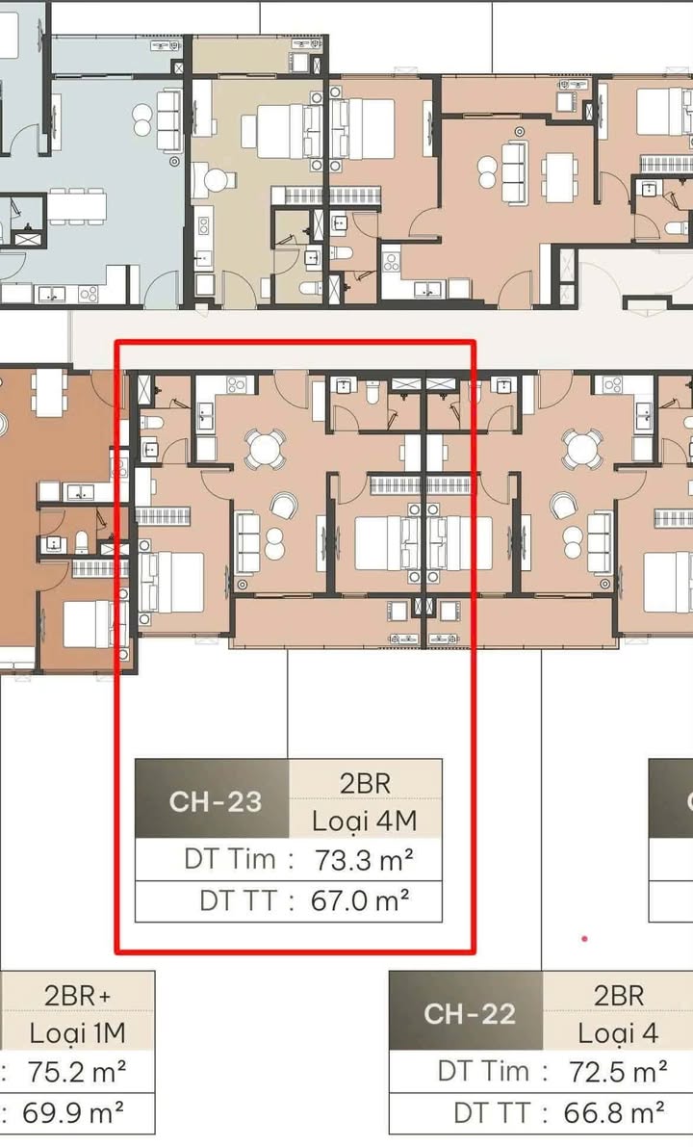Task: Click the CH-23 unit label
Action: [x=216, y=801]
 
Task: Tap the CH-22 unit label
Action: [x=470, y=1013]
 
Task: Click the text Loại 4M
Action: [x=365, y=821]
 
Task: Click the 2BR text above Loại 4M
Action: [x=365, y=782]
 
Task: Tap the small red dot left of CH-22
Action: [x=584, y=939]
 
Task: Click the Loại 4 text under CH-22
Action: [x=618, y=1033]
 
